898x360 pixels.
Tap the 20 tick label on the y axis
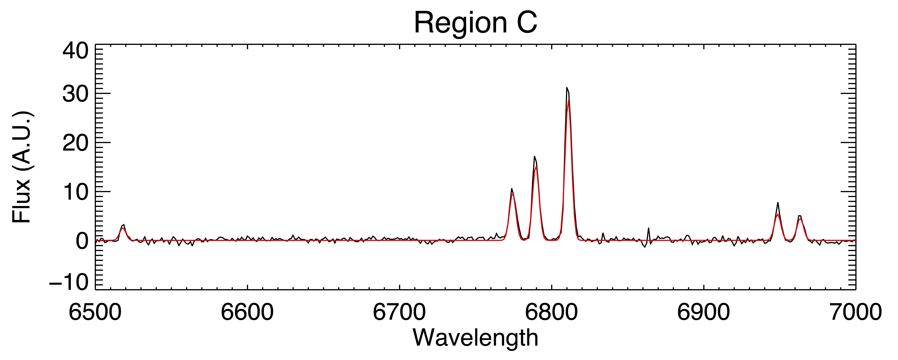[75, 143]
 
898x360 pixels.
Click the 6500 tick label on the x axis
[95, 312]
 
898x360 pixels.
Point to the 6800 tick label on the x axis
[552, 312]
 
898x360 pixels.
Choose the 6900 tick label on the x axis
[703, 312]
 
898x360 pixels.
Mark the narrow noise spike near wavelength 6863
[648, 228]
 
